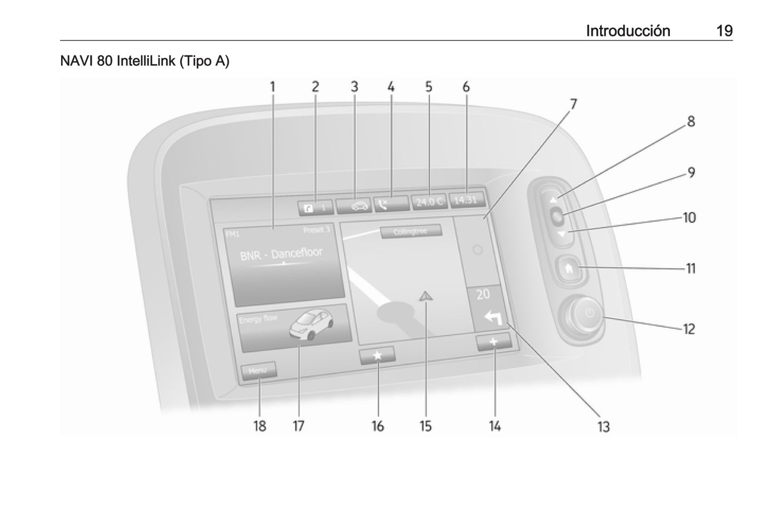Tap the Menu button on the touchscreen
click(258, 371)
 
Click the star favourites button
click(377, 356)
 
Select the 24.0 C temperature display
click(429, 202)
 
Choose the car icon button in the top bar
click(353, 206)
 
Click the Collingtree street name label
click(411, 232)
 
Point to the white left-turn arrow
click(492, 318)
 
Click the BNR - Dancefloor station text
click(281, 254)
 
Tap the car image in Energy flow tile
click(312, 324)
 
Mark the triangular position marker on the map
click(425, 297)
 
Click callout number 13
click(604, 426)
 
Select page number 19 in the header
click(724, 31)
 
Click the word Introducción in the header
click(628, 31)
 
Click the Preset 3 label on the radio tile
click(316, 230)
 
